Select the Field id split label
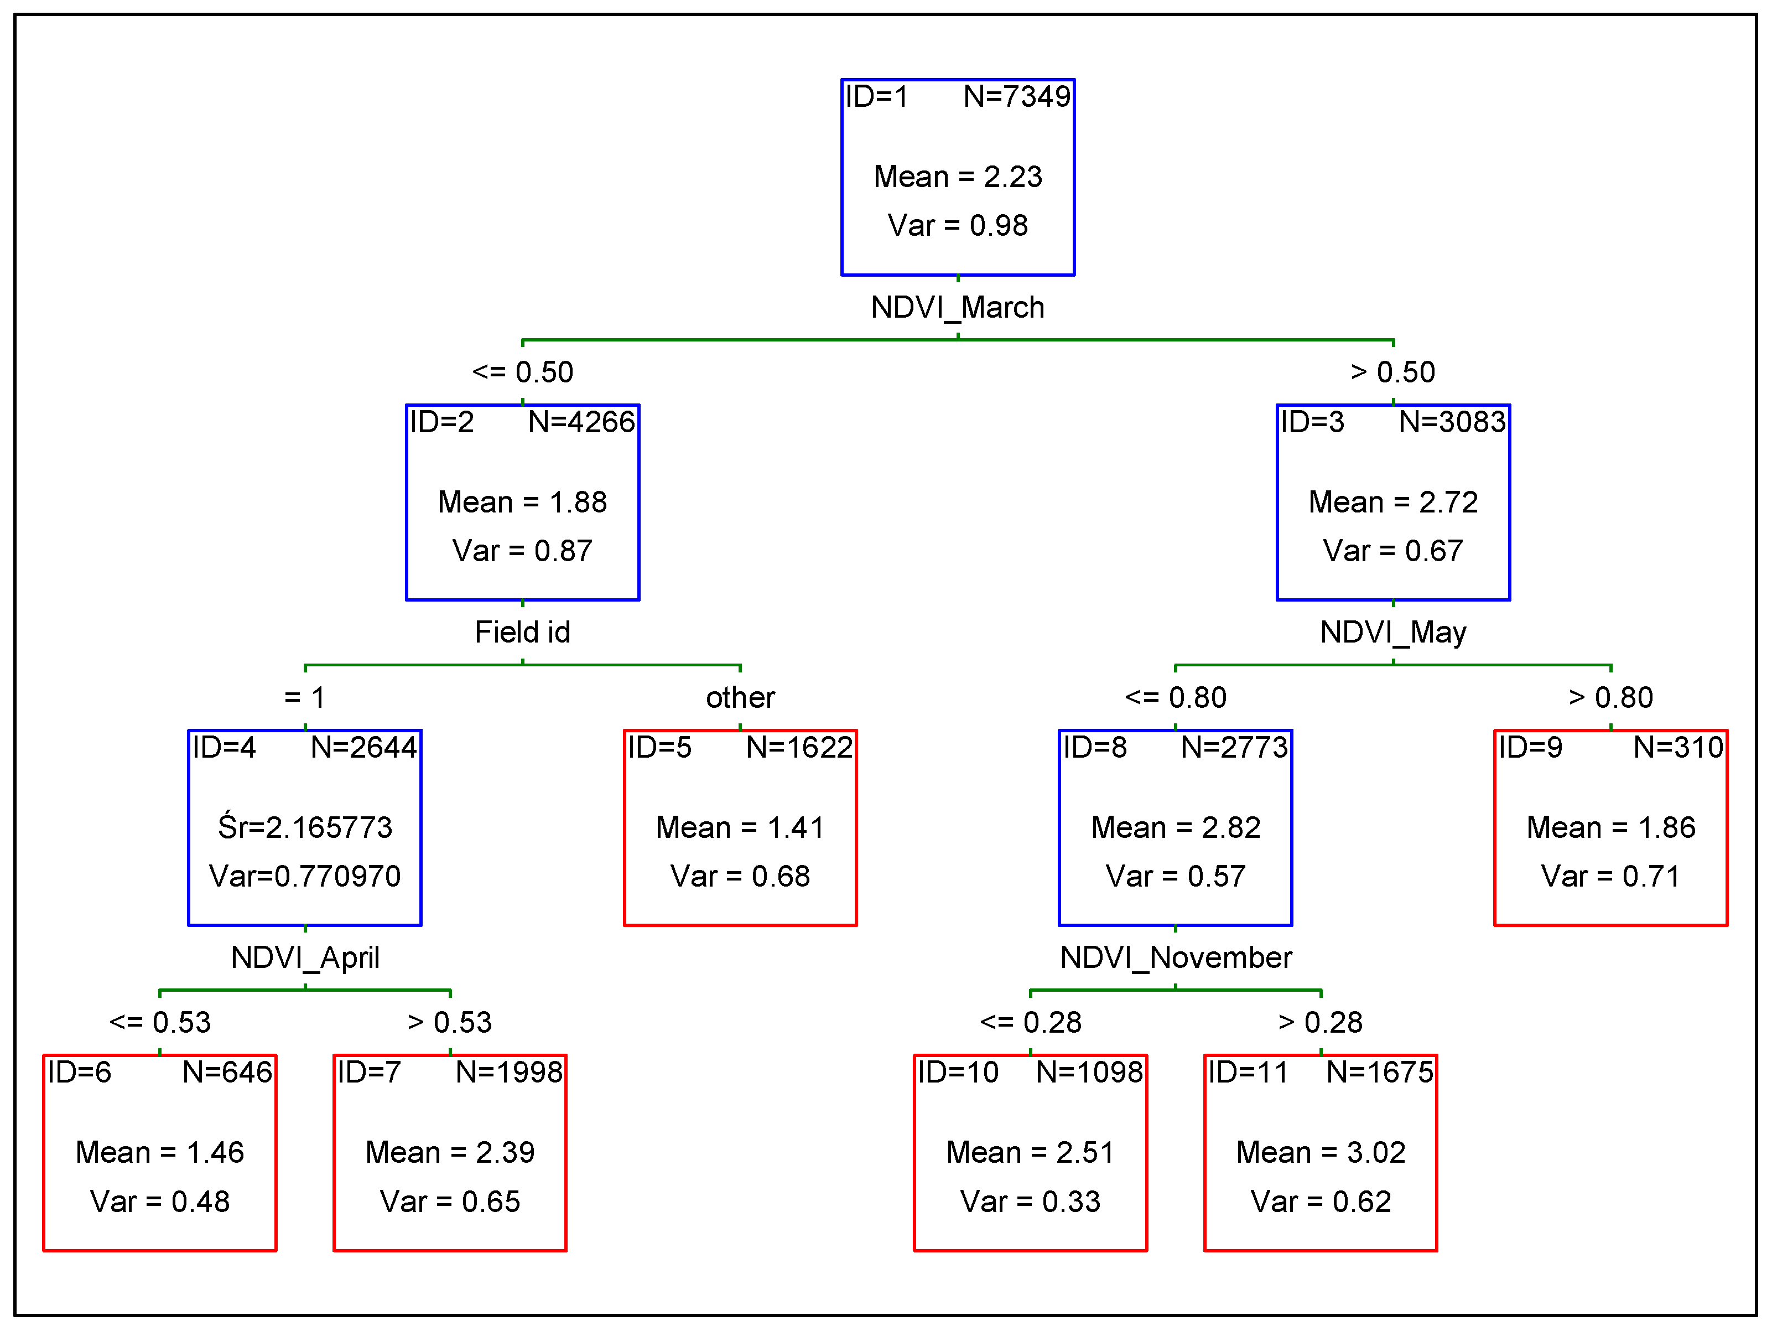coord(522,632)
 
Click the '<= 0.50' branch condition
coord(522,372)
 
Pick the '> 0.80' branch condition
coord(1610,697)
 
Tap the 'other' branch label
coord(740,697)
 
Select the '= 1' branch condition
coord(305,697)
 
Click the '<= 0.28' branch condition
coord(1030,1023)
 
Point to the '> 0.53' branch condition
coord(449,1023)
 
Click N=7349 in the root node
coord(1017,97)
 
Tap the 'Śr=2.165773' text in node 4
coord(305,826)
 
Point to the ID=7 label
coord(368,1072)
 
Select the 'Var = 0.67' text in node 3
coord(1393,551)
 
